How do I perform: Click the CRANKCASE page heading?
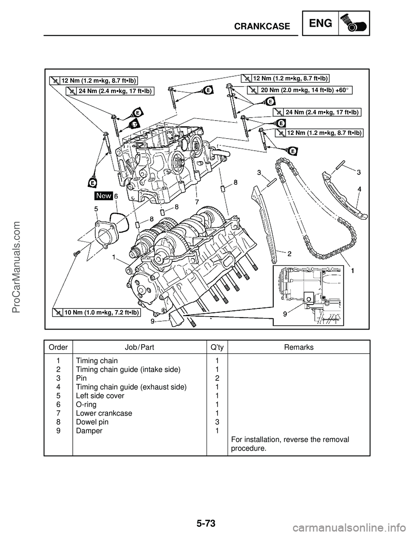tap(262, 26)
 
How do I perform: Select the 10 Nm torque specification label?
tap(98, 312)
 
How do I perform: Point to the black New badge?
tap(104, 196)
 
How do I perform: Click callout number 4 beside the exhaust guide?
tap(359, 189)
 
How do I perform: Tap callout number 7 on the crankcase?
tap(196, 201)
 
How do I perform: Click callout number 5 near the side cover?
tap(96, 208)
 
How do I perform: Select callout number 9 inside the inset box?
tap(285, 314)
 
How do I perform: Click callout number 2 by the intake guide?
tap(290, 254)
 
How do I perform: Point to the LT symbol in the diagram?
tap(134, 124)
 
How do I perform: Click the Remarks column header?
tap(299, 347)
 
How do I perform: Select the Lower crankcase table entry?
tap(104, 413)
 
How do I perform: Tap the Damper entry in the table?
tap(89, 431)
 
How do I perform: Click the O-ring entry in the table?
tap(86, 404)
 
